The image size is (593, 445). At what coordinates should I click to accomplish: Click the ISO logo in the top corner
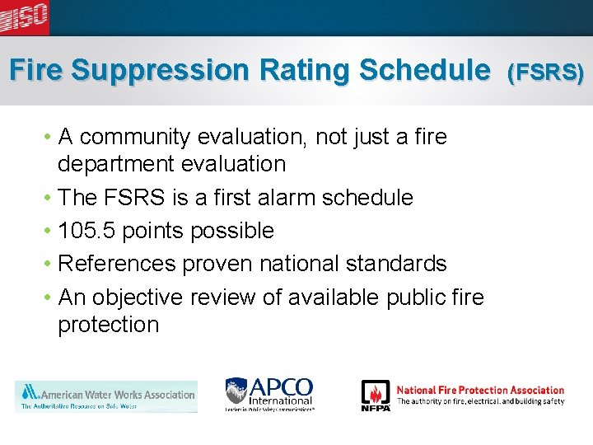25,16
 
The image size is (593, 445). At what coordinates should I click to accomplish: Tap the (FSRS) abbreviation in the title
546,73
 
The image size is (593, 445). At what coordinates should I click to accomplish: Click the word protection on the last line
108,325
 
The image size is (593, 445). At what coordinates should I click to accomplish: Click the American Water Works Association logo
106,396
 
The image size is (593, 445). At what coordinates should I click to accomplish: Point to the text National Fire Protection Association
480,390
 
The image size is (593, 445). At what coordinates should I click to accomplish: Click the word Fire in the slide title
36,70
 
